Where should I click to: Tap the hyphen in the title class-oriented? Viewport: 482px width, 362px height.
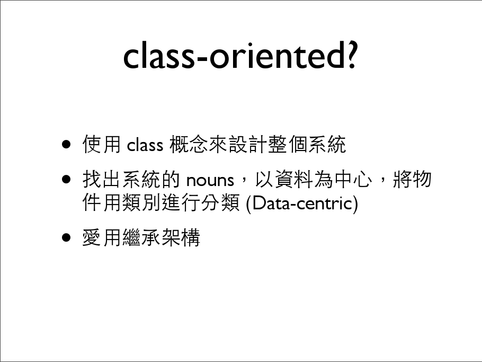[x=201, y=58]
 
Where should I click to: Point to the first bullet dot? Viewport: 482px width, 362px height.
[x=66, y=144]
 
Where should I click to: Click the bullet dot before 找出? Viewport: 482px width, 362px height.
[x=66, y=179]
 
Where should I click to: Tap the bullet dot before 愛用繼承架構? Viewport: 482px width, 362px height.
[x=66, y=237]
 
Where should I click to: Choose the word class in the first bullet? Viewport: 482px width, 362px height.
[x=145, y=145]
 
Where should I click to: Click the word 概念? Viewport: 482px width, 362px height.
[x=189, y=144]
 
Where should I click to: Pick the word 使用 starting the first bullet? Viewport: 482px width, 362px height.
[x=102, y=144]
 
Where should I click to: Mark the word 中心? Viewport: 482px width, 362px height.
[x=353, y=179]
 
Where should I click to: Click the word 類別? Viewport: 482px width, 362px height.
[x=141, y=202]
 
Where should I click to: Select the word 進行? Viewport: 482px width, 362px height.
[x=181, y=202]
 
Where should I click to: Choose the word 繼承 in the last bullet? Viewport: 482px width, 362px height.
[x=141, y=237]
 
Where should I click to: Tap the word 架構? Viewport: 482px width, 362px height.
[x=181, y=237]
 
